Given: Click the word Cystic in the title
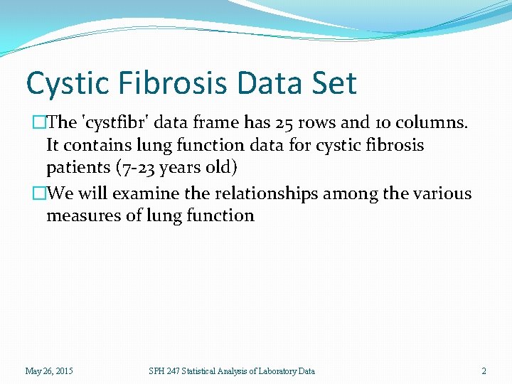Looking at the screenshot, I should point(64,83).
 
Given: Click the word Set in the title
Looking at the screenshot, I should point(334,83).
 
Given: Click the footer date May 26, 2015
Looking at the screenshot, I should point(49,370).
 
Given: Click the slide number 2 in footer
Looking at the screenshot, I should point(484,370).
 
